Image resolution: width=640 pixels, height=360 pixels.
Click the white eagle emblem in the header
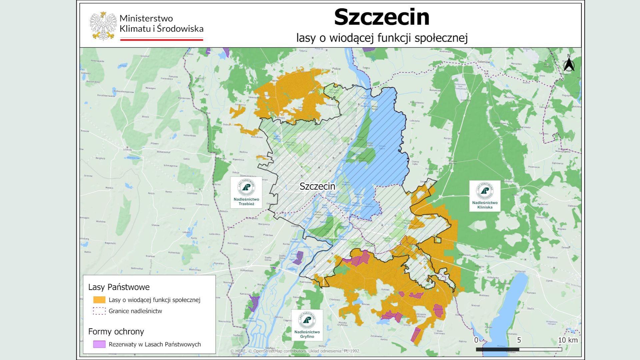(103, 26)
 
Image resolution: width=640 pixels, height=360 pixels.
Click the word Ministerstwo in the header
(146, 18)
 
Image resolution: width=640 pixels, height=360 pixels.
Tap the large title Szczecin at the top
(382, 17)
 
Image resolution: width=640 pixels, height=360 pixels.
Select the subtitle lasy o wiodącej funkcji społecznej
(382, 38)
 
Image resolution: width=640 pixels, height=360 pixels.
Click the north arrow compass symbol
(569, 64)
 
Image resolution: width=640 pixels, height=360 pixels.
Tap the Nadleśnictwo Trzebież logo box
(246, 192)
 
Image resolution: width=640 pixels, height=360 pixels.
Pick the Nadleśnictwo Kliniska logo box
(485, 196)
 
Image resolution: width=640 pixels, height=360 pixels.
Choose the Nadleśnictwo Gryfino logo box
(307, 325)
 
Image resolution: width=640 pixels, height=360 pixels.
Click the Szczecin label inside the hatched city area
(317, 186)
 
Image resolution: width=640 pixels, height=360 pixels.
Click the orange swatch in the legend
(99, 300)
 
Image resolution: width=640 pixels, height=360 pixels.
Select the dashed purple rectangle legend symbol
(99, 311)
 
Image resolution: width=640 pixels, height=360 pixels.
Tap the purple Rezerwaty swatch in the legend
(99, 344)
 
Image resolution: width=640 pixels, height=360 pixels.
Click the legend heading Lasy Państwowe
(119, 287)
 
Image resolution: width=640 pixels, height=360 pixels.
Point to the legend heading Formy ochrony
(116, 332)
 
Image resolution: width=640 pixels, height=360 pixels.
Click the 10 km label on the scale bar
(568, 340)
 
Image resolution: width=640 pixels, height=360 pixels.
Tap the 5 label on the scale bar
(519, 340)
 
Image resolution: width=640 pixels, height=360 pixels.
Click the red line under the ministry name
(161, 40)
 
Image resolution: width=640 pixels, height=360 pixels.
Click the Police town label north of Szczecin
(336, 69)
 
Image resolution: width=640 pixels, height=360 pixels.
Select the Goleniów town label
(483, 62)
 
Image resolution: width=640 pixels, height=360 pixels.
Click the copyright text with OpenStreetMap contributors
(295, 351)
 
